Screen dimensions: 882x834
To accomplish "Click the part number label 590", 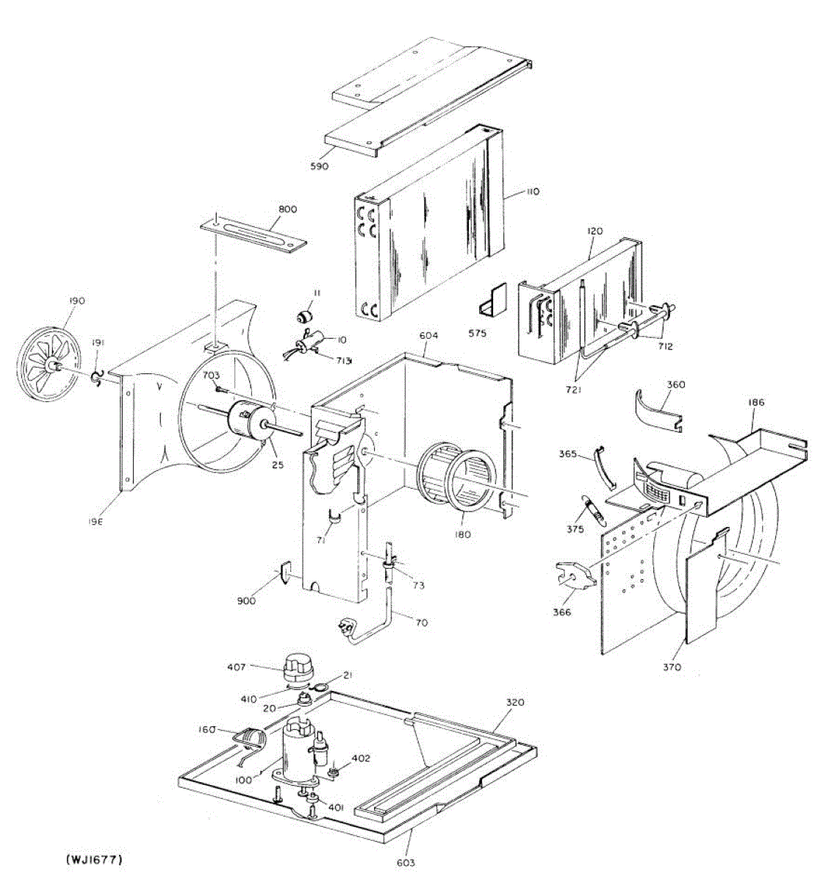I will point(319,166).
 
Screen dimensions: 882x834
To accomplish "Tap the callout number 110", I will point(532,191).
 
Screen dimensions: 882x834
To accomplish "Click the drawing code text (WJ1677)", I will point(93,858).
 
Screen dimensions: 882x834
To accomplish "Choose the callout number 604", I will point(429,335).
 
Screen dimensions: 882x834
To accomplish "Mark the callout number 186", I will point(756,402).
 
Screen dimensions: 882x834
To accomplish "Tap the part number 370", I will point(672,667).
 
